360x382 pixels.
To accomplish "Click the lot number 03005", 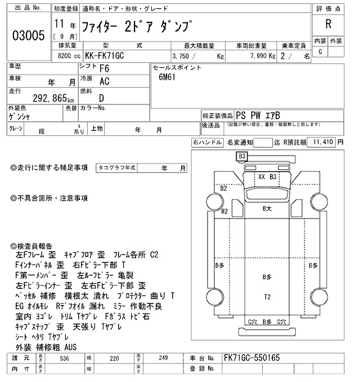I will (x=28, y=35).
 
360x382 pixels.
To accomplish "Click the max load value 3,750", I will (x=183, y=57).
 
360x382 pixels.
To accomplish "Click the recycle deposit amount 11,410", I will (x=323, y=142).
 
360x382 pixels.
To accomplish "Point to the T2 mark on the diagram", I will (x=267, y=297).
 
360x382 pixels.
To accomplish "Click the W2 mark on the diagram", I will (x=224, y=211).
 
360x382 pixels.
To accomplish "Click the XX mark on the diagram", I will (x=261, y=176).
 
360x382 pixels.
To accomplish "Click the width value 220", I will (x=115, y=358).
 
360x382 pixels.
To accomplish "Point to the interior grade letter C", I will (x=321, y=52).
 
